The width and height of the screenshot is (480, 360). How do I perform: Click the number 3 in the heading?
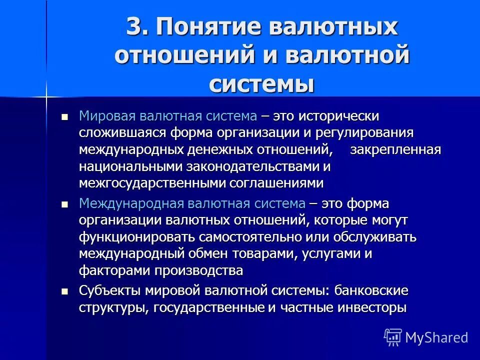coord(134,27)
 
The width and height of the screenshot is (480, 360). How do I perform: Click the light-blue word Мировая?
coord(100,116)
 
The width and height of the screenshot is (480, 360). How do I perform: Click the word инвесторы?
coord(372,307)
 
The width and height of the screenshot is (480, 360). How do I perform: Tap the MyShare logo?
coord(426,336)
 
